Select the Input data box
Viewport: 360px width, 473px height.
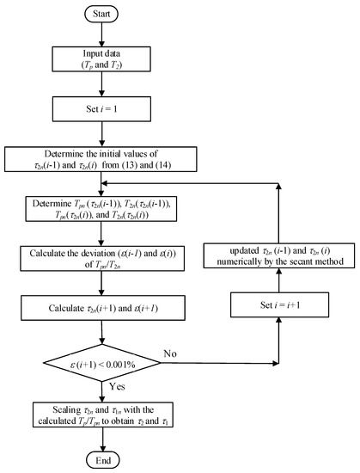102,58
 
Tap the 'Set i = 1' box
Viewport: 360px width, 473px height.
102,110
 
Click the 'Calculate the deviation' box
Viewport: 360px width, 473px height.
102,261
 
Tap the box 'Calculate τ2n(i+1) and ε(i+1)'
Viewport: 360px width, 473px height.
102,305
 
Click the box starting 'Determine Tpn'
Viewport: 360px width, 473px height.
102,212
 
